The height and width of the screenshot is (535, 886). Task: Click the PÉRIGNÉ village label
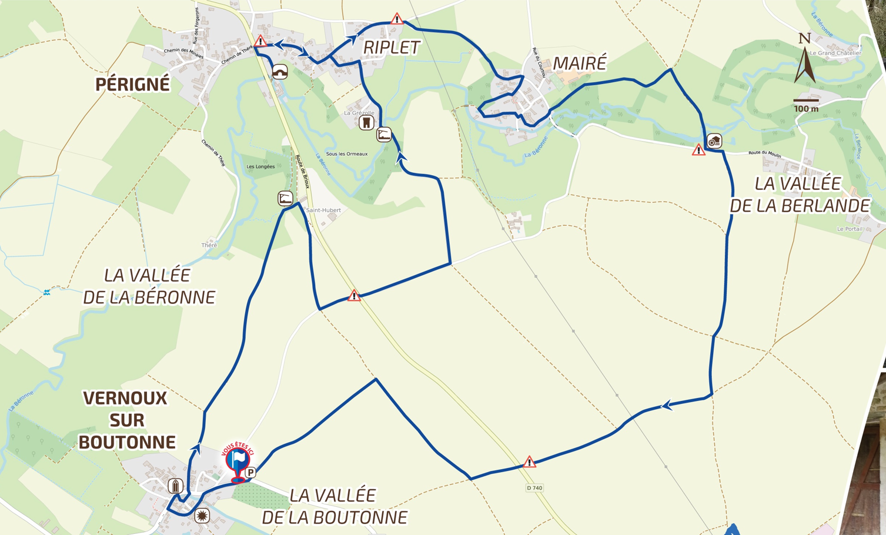[x=132, y=85]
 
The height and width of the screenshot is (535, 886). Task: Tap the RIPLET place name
[x=392, y=48]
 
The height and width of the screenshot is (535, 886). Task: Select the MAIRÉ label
[x=580, y=63]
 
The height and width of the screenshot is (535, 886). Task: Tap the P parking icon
[x=251, y=472]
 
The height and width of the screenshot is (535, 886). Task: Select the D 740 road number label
[x=534, y=488]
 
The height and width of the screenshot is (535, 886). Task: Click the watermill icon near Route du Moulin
[x=714, y=141]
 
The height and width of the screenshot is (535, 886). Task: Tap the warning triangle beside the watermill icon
[x=698, y=151]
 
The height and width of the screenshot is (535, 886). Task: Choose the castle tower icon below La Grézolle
[x=367, y=123]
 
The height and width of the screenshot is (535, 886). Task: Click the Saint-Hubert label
[x=323, y=210]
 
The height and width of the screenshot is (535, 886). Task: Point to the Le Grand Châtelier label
[x=835, y=53]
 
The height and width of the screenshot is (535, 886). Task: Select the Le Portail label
[x=850, y=229]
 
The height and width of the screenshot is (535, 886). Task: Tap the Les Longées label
[x=260, y=166]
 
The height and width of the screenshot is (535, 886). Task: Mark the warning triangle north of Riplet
[x=397, y=19]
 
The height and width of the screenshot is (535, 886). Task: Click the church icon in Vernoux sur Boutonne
[x=175, y=486]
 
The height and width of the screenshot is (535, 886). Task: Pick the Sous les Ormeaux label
[x=347, y=154]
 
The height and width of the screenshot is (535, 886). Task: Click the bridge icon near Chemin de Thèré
[x=280, y=72]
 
